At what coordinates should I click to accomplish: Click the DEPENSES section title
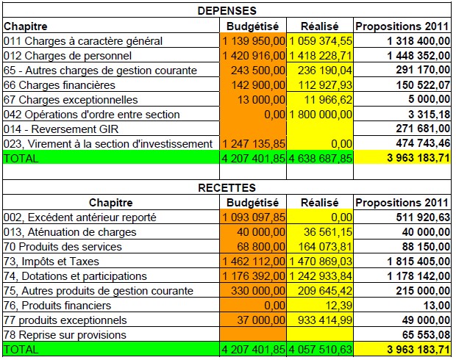click(227, 11)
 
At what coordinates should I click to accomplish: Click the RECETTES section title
click(227, 187)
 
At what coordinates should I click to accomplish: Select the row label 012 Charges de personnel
click(68, 56)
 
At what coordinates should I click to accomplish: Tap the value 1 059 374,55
click(321, 41)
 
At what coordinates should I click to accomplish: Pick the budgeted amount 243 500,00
click(258, 71)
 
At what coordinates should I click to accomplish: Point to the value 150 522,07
click(423, 84)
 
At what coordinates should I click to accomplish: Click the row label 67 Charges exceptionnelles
click(71, 100)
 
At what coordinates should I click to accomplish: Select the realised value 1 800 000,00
click(321, 115)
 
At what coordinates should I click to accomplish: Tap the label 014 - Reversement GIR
click(61, 129)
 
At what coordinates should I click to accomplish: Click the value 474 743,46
click(423, 143)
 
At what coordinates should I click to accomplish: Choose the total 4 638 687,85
click(320, 159)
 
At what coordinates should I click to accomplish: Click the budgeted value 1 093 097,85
click(254, 217)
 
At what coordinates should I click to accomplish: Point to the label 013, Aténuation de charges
click(70, 232)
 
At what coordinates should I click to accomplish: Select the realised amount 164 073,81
click(325, 247)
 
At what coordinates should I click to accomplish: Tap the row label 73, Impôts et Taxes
click(51, 262)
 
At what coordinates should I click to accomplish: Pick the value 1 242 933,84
click(321, 276)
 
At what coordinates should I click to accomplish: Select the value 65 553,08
click(426, 335)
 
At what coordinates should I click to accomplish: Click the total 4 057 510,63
click(320, 349)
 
